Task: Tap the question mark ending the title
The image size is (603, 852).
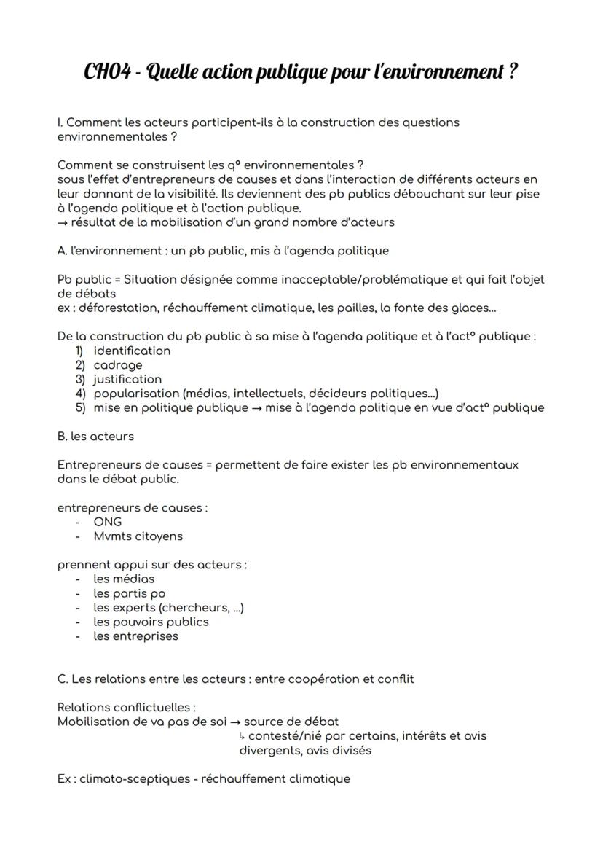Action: [513, 72]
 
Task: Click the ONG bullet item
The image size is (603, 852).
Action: [108, 522]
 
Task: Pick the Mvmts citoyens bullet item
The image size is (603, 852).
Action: [138, 536]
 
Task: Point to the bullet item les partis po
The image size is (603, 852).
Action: [129, 593]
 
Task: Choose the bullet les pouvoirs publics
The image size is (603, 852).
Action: [151, 622]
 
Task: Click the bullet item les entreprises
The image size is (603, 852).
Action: [135, 636]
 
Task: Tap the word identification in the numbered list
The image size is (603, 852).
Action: [132, 351]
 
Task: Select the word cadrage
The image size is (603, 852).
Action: [117, 365]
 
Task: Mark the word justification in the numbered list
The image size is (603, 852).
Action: [127, 379]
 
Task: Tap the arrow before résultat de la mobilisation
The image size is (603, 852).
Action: [63, 222]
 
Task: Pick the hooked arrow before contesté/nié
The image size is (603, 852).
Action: [243, 736]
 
